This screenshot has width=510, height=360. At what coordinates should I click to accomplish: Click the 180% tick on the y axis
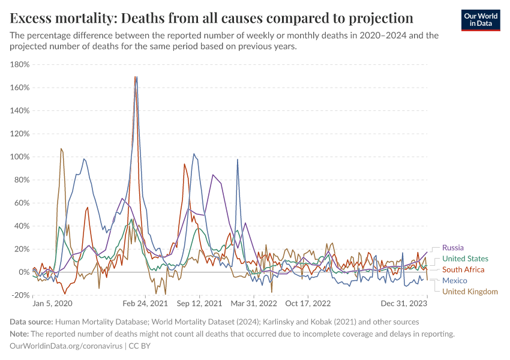pos(19,65)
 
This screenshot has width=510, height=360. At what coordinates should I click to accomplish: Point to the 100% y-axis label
pos(19,157)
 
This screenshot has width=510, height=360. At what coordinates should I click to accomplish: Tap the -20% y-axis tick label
pos(19,295)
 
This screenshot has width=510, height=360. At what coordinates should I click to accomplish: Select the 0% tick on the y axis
pos(22,272)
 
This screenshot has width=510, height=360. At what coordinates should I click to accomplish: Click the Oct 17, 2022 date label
pos(308,304)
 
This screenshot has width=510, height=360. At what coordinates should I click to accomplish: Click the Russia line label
pos(453,247)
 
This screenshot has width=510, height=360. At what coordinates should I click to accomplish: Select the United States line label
pos(465,259)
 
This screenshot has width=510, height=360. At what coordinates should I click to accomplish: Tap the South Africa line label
pos(463,269)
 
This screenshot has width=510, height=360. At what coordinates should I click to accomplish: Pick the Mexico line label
pos(455,281)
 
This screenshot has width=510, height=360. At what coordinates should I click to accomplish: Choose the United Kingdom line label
pos(470,292)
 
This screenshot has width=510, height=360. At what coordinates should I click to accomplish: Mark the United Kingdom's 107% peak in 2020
pos(61,149)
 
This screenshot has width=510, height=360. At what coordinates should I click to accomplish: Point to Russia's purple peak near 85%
pos(213,175)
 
